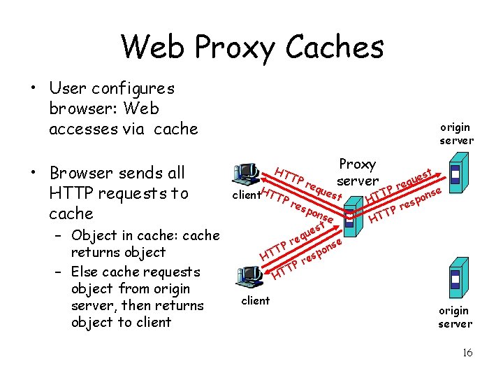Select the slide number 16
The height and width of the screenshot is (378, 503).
pyautogui.click(x=467, y=353)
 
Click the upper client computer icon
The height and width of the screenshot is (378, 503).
pyautogui.click(x=247, y=173)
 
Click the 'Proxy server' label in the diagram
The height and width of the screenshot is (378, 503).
pyautogui.click(x=357, y=172)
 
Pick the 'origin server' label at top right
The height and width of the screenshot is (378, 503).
pyautogui.click(x=456, y=134)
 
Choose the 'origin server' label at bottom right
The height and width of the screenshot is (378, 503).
pyautogui.click(x=454, y=317)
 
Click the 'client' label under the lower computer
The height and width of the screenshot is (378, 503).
pyautogui.click(x=255, y=301)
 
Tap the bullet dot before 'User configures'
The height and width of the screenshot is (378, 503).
pyautogui.click(x=32, y=90)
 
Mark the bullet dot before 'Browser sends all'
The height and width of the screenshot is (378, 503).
pyautogui.click(x=32, y=173)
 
